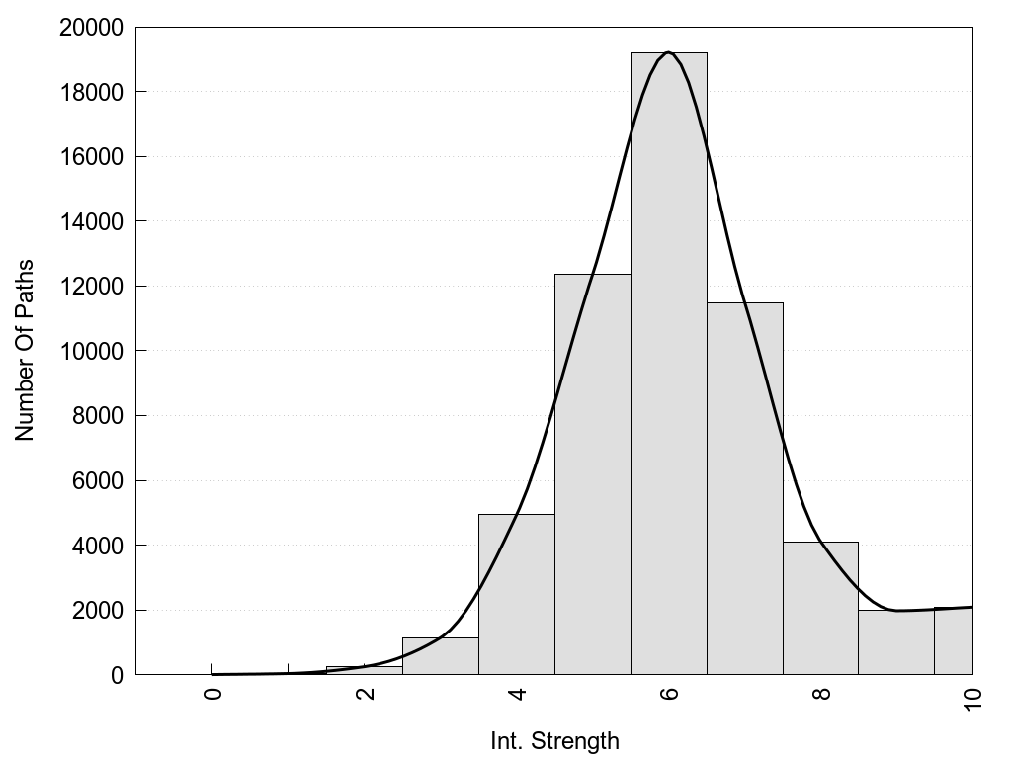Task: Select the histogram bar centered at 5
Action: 592,474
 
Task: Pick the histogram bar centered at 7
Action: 744,488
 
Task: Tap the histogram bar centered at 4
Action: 516,594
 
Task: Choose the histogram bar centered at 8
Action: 820,608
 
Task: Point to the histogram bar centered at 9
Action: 896,642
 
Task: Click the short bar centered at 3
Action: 440,656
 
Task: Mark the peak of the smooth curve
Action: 669,52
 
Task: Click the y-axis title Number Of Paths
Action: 25,350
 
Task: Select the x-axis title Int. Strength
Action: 554,741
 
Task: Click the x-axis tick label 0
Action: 212,693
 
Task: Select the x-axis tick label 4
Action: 517,693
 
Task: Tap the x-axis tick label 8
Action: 821,693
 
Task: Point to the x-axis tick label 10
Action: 972,698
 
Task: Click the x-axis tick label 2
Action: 365,693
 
